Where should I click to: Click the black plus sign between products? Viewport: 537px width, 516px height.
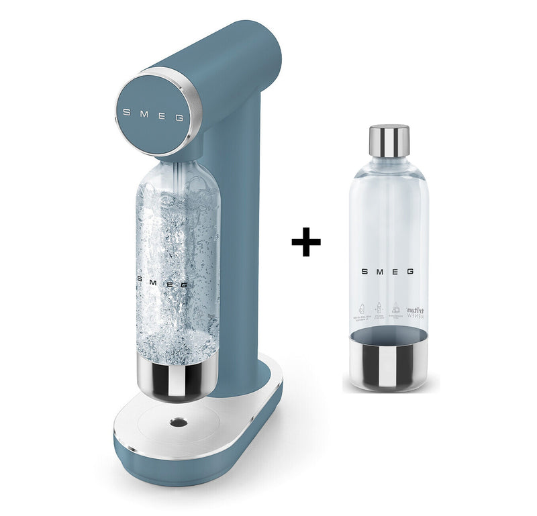[x=306, y=242]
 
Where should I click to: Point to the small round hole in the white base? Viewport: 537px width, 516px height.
[x=179, y=422]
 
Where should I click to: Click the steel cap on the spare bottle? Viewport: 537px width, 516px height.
[x=389, y=139]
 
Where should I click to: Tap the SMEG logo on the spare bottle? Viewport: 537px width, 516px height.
[x=388, y=272]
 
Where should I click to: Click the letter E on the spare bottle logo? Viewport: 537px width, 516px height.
[x=395, y=272]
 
